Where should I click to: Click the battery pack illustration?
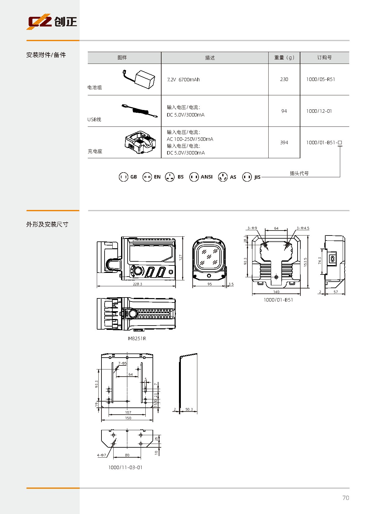coord(139,79)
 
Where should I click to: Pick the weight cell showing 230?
coord(284,79)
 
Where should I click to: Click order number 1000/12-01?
coord(319,111)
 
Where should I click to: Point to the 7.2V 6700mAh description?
coord(183,80)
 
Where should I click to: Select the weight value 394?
coord(284,143)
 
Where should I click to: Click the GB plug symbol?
coord(123,177)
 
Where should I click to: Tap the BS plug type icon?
coord(170,177)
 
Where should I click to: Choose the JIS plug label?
coord(257,177)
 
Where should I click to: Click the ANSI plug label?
coord(206,177)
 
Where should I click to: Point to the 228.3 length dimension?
coord(137,284)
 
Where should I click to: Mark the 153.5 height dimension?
coord(305,262)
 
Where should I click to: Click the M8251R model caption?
coord(137,339)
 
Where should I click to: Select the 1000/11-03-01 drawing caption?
coord(125,468)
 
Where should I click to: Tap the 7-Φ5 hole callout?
coord(123,363)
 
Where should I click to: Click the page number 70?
coord(345,498)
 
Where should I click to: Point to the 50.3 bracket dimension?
coord(189,409)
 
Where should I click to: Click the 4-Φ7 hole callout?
coord(101,455)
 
